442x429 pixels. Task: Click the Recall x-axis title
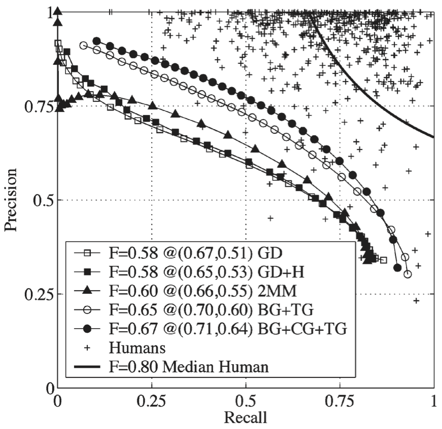245,418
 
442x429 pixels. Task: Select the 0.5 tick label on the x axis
245,401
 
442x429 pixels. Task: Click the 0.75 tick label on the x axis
339,401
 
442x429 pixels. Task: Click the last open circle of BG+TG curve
407,274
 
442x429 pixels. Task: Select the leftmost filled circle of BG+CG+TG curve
96,41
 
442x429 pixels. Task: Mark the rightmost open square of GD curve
384,260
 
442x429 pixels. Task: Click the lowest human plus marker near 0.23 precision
417,300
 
